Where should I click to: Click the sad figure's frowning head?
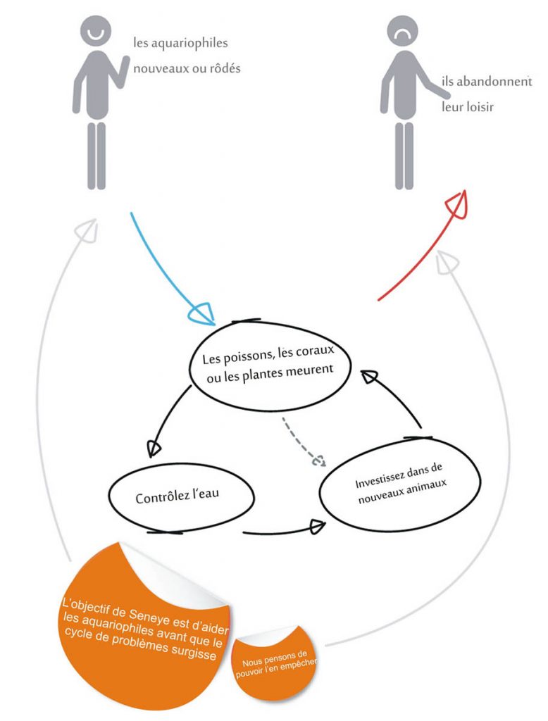pyautogui.click(x=403, y=31)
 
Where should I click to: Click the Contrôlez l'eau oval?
pyautogui.click(x=181, y=497)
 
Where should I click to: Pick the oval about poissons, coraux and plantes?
pyautogui.click(x=270, y=365)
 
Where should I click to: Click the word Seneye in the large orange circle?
pyautogui.click(x=149, y=615)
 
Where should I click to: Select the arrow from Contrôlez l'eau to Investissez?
pyautogui.click(x=283, y=530)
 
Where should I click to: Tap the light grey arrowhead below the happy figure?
pyautogui.click(x=87, y=230)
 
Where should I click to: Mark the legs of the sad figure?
pyautogui.click(x=404, y=156)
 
